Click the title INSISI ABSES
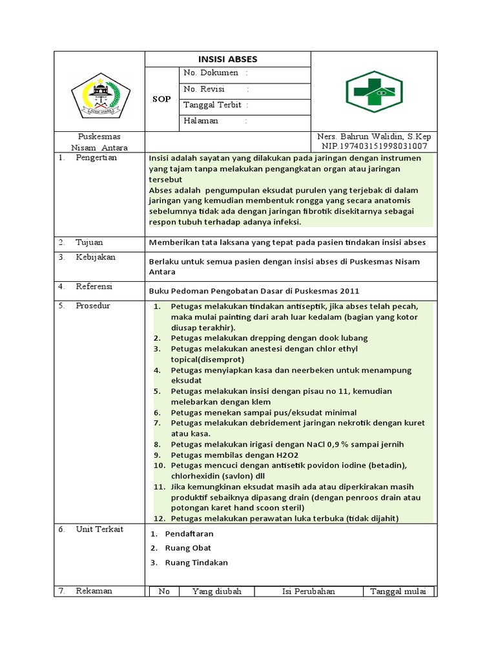pyautogui.click(x=227, y=59)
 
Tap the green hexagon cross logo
pyautogui.click(x=374, y=92)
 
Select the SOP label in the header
pyautogui.click(x=161, y=99)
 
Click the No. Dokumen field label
pyautogui.click(x=211, y=73)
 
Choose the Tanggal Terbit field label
pyautogui.click(x=211, y=105)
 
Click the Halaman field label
pyautogui.click(x=201, y=120)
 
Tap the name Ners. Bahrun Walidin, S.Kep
pyautogui.click(x=374, y=136)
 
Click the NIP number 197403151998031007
pyautogui.click(x=374, y=146)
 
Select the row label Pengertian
pyautogui.click(x=96, y=158)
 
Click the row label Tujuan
pyautogui.click(x=90, y=242)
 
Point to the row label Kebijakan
pyautogui.click(x=96, y=257)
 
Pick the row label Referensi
pyautogui.click(x=94, y=286)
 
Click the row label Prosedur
pyautogui.click(x=93, y=305)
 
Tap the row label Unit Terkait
pyautogui.click(x=99, y=529)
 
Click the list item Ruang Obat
pyautogui.click(x=188, y=548)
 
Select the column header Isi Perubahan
pyautogui.click(x=308, y=591)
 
